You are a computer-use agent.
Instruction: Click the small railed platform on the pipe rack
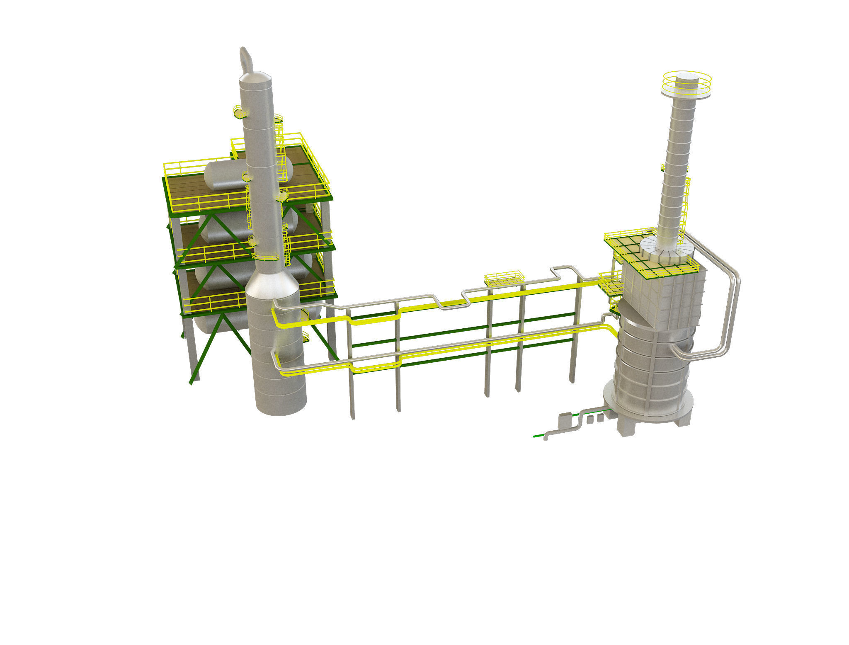(x=504, y=279)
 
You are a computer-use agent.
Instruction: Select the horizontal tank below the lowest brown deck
(x=216, y=323)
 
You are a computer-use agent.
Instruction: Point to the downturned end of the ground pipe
(x=546, y=437)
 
